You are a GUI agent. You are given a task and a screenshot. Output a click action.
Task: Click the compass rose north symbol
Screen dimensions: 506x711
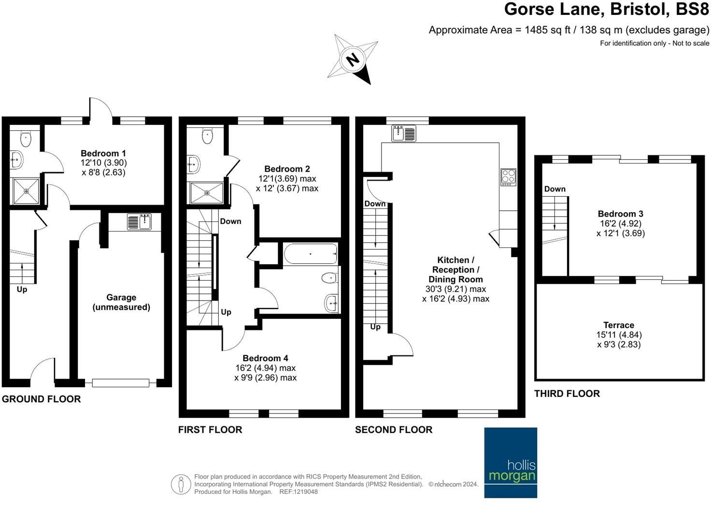point(353,60)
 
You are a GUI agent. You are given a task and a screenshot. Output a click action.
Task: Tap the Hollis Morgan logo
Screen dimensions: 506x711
point(511,462)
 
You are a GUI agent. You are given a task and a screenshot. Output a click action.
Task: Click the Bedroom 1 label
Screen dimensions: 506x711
point(103,153)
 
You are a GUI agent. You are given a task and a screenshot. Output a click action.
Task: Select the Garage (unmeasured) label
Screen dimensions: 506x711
point(121,302)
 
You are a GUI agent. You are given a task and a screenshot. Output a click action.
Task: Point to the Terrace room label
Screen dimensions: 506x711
point(618,325)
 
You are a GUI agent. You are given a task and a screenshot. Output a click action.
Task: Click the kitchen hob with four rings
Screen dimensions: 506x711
point(508,177)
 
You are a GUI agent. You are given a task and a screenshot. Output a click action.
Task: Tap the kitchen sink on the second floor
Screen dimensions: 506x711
point(404,133)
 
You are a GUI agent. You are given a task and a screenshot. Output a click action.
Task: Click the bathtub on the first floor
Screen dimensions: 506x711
point(311,254)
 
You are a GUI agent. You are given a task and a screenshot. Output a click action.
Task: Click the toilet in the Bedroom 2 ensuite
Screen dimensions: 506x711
point(207,136)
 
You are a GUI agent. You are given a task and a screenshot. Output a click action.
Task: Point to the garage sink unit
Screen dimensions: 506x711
point(139,222)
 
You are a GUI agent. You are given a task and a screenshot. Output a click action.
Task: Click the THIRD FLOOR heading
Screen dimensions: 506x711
point(567,394)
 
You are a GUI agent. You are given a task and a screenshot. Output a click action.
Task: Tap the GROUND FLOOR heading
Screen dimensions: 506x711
point(41,399)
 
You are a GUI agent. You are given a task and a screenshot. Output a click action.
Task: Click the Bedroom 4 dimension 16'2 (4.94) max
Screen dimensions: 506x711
point(265,368)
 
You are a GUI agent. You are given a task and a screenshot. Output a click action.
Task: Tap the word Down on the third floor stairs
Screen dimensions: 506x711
point(555,189)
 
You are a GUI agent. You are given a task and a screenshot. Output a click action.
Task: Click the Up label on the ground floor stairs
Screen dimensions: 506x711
point(22,289)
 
